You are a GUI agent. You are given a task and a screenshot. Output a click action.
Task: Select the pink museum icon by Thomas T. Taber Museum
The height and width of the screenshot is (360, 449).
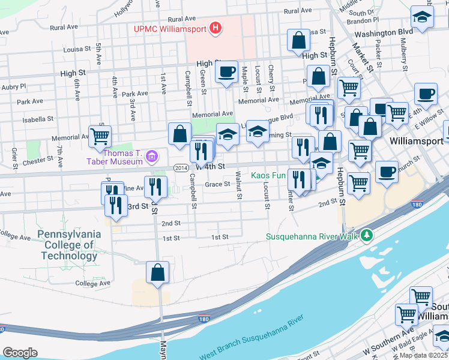tap(152, 157)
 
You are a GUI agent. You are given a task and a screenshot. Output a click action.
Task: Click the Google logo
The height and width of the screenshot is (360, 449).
tap(20, 353)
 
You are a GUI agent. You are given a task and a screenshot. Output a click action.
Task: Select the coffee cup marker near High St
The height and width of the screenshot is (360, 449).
tap(226, 73)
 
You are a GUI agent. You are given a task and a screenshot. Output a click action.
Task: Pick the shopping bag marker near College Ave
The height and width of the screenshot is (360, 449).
tap(157, 272)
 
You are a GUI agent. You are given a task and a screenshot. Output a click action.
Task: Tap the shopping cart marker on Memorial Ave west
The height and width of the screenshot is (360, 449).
tap(99, 136)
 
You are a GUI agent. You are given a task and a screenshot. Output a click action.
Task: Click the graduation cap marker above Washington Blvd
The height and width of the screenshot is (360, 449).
tap(422, 17)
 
